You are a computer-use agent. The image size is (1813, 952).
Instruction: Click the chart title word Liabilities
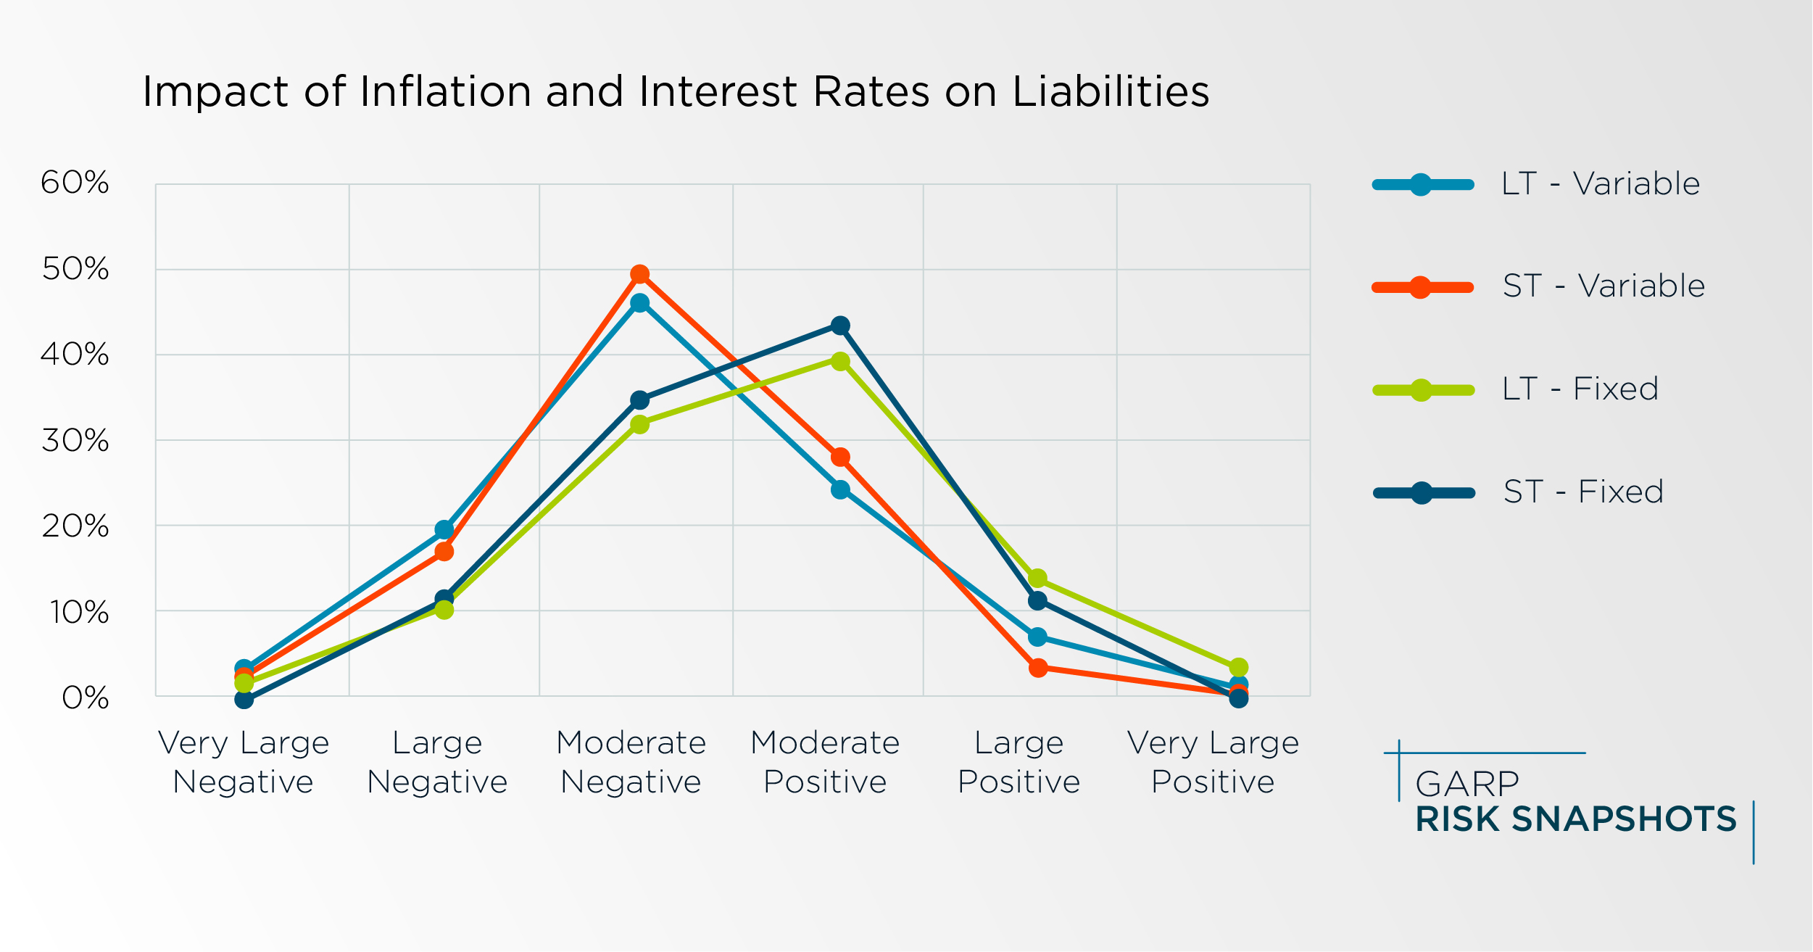click(x=1110, y=92)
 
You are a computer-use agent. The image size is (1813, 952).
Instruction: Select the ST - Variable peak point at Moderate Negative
click(x=639, y=274)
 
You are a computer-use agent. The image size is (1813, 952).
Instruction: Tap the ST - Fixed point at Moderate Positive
click(x=840, y=326)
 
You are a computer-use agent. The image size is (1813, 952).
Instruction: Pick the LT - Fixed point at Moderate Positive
click(x=840, y=361)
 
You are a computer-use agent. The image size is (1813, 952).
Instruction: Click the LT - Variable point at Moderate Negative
click(x=639, y=303)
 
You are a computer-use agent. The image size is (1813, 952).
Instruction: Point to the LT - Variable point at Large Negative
click(x=444, y=529)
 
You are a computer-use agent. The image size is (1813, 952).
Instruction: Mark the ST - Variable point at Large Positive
click(x=1038, y=668)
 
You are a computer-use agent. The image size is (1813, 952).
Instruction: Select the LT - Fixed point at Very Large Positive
click(x=1239, y=667)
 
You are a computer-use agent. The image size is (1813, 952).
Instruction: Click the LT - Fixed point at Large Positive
click(x=1037, y=579)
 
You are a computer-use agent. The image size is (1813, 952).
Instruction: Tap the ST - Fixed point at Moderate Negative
click(x=639, y=400)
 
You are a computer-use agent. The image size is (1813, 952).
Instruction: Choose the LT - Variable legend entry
click(x=1600, y=184)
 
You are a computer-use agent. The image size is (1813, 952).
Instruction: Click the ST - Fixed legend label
click(x=1583, y=492)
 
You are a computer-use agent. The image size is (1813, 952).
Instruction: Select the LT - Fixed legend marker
click(x=1422, y=391)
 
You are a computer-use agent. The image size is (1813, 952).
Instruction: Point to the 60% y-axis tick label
click(x=75, y=183)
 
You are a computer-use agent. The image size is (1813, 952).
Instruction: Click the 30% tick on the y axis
click(x=75, y=441)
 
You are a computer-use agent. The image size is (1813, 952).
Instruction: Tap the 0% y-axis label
click(x=85, y=698)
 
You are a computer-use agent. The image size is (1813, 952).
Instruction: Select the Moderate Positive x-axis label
click(x=825, y=762)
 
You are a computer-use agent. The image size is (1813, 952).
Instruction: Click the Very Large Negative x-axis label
click(x=244, y=762)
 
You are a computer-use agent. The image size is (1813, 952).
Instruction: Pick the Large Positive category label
click(x=1018, y=762)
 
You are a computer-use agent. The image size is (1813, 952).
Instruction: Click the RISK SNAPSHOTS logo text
click(x=1576, y=819)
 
